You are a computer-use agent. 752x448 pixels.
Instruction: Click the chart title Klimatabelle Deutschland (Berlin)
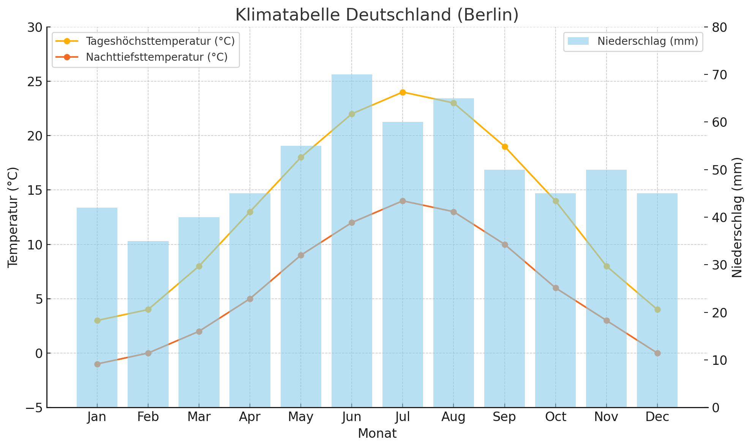377,15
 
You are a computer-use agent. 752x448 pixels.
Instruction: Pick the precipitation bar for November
606,289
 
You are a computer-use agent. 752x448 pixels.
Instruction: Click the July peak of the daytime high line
403,92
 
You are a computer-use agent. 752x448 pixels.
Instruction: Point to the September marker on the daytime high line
505,147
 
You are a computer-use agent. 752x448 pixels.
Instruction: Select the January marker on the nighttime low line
97,364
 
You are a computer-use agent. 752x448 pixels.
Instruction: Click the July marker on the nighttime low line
403,201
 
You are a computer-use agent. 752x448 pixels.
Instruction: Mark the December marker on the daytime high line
657,310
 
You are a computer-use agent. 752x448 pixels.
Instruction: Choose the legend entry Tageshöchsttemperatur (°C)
160,41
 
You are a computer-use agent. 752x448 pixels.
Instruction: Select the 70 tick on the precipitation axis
719,75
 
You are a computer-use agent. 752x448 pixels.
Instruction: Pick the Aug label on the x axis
453,417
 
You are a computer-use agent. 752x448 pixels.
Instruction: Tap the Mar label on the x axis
199,417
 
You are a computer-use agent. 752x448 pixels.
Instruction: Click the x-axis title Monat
377,434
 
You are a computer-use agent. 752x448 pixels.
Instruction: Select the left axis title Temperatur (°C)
13,217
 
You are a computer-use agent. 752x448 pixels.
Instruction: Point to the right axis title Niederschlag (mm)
737,217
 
